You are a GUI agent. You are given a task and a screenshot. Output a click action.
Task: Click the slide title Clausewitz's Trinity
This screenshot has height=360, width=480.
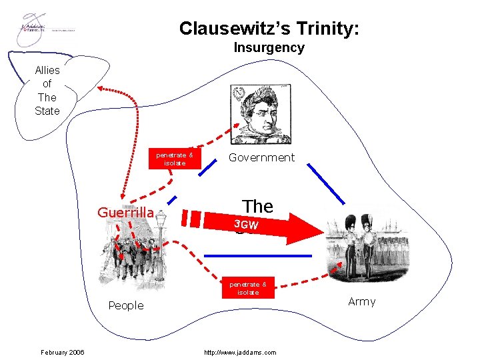pyautogui.click(x=269, y=29)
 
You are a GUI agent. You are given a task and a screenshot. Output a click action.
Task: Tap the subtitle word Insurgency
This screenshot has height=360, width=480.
pyautogui.click(x=269, y=48)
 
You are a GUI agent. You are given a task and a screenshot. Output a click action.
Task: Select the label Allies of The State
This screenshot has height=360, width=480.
pyautogui.click(x=47, y=90)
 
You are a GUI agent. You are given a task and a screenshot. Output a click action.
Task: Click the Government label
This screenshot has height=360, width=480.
pyautogui.click(x=261, y=157)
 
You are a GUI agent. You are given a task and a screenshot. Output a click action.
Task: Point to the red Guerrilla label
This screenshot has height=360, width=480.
pyautogui.click(x=126, y=213)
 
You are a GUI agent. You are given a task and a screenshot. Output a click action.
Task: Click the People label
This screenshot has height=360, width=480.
pyautogui.click(x=126, y=305)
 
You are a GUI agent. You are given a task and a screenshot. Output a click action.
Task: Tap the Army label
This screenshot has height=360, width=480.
pyautogui.click(x=362, y=301)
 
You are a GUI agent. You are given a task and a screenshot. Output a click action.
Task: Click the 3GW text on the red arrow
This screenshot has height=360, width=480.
pyautogui.click(x=246, y=225)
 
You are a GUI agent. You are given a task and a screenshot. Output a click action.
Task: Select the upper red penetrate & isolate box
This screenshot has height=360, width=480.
pyautogui.click(x=175, y=159)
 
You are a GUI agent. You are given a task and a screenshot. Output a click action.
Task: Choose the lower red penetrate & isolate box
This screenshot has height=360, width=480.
pyautogui.click(x=248, y=288)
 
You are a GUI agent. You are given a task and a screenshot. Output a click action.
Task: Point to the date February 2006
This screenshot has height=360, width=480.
pyautogui.click(x=62, y=352)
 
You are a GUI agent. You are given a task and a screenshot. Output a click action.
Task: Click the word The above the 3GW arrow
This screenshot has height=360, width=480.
pyautogui.click(x=257, y=206)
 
